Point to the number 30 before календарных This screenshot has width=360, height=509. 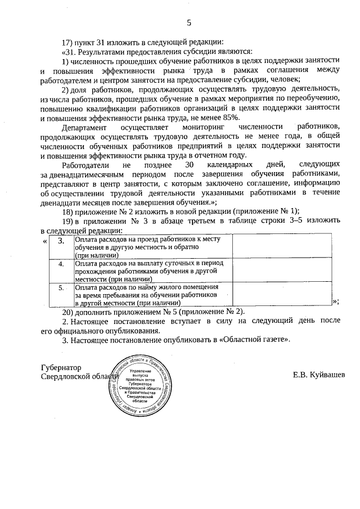(x=190, y=165)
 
